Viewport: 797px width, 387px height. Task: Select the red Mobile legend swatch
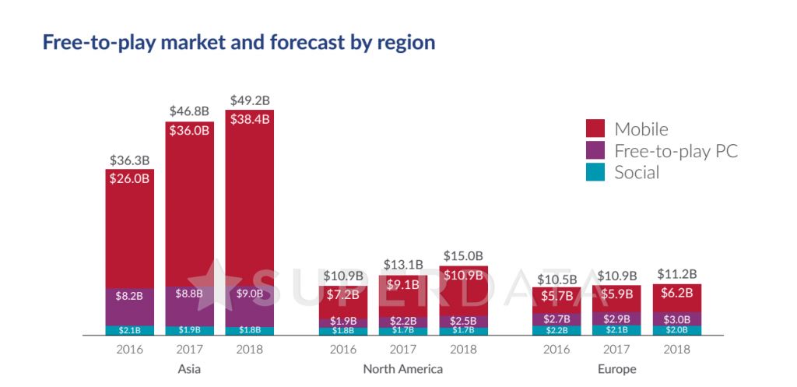pos(595,128)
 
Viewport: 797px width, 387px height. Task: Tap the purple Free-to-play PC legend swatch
pos(595,150)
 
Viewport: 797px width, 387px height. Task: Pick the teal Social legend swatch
pos(595,172)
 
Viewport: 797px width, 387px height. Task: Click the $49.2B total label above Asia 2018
pos(249,101)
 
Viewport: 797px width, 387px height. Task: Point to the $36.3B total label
pos(129,160)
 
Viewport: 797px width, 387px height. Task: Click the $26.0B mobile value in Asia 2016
pos(129,178)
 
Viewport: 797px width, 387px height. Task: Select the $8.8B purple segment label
pos(189,294)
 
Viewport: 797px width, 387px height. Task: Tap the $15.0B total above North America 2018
pos(463,256)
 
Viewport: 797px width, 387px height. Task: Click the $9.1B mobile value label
pos(403,283)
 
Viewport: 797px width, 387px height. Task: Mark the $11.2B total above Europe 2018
pos(677,274)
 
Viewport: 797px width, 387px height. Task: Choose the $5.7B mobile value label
pos(556,296)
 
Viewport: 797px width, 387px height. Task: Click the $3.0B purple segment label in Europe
pos(677,318)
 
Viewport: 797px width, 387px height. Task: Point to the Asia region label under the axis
pos(189,368)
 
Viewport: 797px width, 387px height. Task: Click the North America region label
pos(403,368)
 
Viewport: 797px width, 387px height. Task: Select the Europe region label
pos(617,368)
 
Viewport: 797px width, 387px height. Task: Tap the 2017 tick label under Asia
pos(189,349)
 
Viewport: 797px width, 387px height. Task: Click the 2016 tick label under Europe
pos(556,349)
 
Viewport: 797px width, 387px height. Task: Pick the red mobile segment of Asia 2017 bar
pos(189,210)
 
